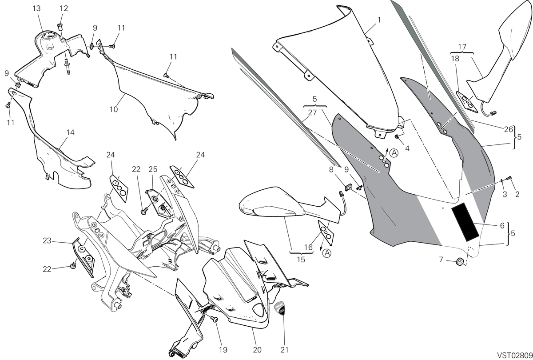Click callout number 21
tap(284, 350)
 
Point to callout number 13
tap(36, 8)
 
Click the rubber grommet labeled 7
tap(460, 262)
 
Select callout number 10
tap(114, 109)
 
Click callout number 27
tap(312, 112)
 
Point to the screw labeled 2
tap(509, 184)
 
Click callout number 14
tap(71, 132)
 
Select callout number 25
tap(153, 169)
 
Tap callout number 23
tap(47, 241)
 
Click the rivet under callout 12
tap(60, 27)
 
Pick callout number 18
tap(455, 58)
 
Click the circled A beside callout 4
tap(394, 153)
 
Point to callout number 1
tap(379, 20)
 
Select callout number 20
tap(257, 350)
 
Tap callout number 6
tap(502, 225)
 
